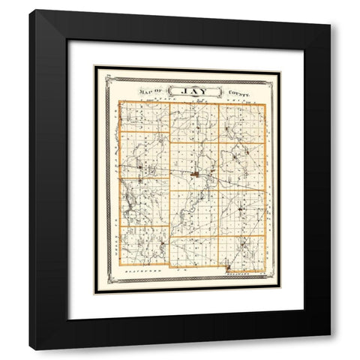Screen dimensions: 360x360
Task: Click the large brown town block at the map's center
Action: pos(194,175)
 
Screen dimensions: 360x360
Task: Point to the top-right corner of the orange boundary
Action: pos(265,103)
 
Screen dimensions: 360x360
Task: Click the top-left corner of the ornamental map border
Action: pos(95,67)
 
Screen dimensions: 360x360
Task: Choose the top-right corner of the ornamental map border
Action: pos(280,67)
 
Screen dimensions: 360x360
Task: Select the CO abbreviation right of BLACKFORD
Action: pos(180,266)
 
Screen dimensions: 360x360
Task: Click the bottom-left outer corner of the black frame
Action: pos(30,349)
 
